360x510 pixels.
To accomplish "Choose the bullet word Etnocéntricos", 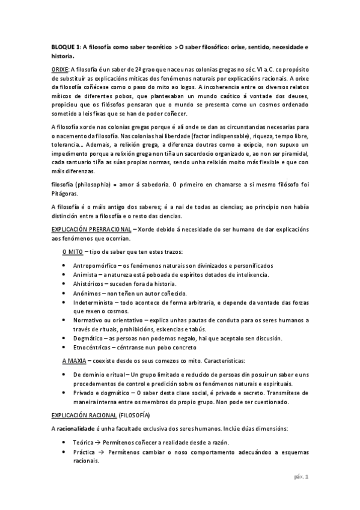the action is (x=93, y=347).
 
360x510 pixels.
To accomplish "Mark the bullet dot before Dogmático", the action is (x=65, y=339).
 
